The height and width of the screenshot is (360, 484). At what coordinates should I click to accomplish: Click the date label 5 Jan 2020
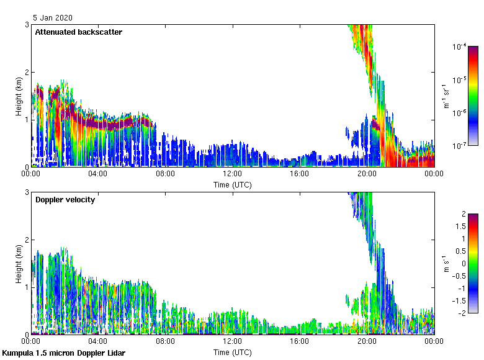pyautogui.click(x=53, y=18)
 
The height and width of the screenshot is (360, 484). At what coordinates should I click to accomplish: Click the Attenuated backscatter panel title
pyautogui.click(x=78, y=32)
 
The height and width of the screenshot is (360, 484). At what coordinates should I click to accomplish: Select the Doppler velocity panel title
pyautogui.click(x=65, y=200)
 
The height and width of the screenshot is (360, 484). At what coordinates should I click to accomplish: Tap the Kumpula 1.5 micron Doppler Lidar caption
pyautogui.click(x=63, y=353)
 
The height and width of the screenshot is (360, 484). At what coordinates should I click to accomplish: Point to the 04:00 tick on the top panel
pyautogui.click(x=98, y=174)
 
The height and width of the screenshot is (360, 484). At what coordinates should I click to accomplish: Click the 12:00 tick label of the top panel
pyautogui.click(x=232, y=174)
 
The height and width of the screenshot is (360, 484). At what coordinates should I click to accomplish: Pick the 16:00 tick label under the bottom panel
pyautogui.click(x=299, y=341)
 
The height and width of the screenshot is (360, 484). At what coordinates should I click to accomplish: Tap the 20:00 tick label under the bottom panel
pyautogui.click(x=366, y=341)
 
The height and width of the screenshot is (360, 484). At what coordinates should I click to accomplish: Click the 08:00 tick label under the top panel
pyautogui.click(x=165, y=174)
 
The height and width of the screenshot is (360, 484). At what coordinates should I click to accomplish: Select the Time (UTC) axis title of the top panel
pyautogui.click(x=232, y=185)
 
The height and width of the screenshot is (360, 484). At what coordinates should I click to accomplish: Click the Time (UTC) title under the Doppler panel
pyautogui.click(x=232, y=353)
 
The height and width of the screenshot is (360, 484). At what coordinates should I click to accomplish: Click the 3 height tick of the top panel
pyautogui.click(x=27, y=24)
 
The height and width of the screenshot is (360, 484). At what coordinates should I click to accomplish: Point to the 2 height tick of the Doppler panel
pyautogui.click(x=27, y=240)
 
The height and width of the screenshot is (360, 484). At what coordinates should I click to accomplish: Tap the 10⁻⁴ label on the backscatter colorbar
pyautogui.click(x=459, y=47)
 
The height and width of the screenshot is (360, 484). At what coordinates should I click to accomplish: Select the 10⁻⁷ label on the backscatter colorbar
pyautogui.click(x=459, y=145)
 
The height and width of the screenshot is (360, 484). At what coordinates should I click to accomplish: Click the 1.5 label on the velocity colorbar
pyautogui.click(x=460, y=227)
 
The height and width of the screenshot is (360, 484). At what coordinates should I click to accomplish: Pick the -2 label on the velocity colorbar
pyautogui.click(x=462, y=313)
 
